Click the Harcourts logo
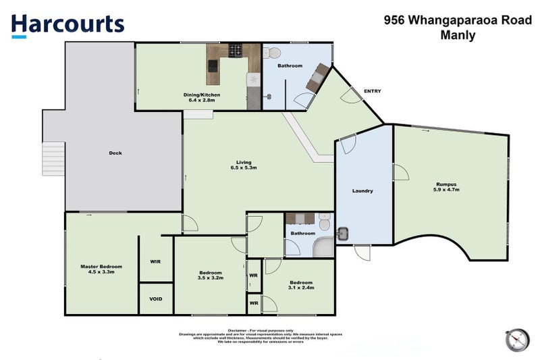[x=67, y=24]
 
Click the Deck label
[x=115, y=153]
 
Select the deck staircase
[x=53, y=159]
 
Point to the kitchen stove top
[x=236, y=50]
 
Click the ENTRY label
[x=372, y=91]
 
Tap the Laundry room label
[x=362, y=191]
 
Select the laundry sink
[x=344, y=234]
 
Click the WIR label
[x=155, y=261]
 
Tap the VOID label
[x=156, y=299]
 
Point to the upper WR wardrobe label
[x=254, y=275]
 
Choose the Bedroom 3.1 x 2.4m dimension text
[x=300, y=288]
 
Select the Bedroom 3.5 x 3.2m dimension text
[x=210, y=278]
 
